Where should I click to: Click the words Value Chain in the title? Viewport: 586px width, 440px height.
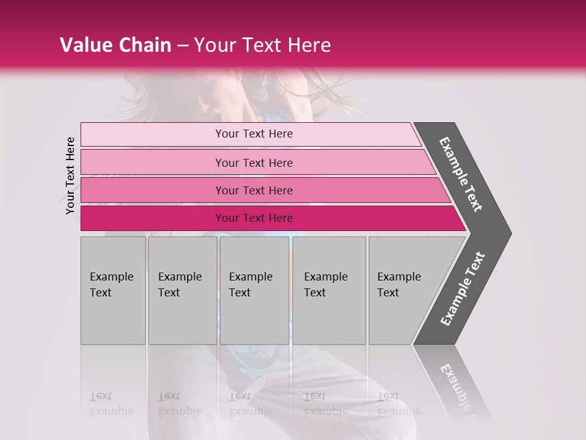115,45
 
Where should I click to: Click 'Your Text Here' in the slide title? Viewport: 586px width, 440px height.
262,45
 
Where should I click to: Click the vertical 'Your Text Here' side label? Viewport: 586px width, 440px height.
70,175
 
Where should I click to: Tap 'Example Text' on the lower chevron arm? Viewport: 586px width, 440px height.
463,289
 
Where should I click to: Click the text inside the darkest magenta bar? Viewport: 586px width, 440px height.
254,218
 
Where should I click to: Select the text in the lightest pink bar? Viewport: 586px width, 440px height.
254,134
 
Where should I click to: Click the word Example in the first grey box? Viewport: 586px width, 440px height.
111,277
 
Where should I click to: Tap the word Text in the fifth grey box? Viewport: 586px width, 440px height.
388,293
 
